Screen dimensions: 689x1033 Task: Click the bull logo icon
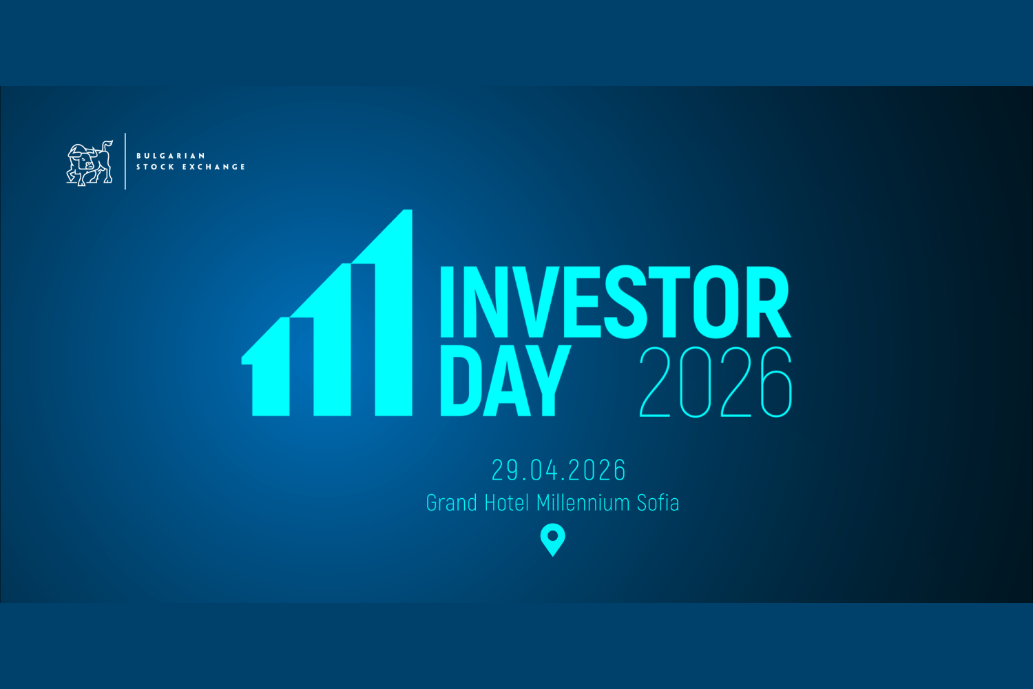click(x=89, y=163)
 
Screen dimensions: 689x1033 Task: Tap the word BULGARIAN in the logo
click(x=171, y=156)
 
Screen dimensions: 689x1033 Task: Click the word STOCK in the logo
click(x=155, y=167)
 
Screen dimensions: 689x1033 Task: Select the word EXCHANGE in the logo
click(x=213, y=167)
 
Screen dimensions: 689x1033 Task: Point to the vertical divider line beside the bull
click(x=125, y=161)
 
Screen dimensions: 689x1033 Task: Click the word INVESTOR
click(x=614, y=302)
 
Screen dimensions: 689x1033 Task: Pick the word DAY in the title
click(x=505, y=381)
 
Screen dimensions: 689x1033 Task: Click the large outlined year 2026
click(x=716, y=382)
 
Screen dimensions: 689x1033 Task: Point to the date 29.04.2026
click(x=559, y=471)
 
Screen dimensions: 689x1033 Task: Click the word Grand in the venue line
click(x=452, y=503)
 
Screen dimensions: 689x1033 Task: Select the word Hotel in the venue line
click(x=507, y=503)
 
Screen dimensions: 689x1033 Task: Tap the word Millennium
click(x=583, y=503)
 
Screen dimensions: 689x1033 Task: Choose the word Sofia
click(x=658, y=503)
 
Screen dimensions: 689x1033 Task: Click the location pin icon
click(x=552, y=539)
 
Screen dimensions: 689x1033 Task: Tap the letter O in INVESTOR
click(x=716, y=302)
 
